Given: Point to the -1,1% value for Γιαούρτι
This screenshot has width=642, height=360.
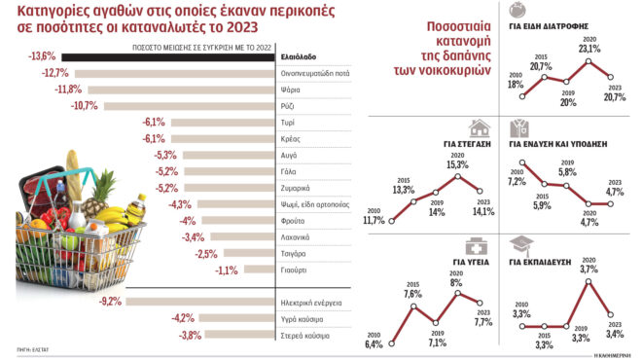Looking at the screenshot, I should coord(227,270).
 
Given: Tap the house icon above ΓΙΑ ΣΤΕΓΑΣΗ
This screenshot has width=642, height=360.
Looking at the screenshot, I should coord(478,127).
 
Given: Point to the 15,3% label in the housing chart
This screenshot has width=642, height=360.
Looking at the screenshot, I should coord(457,164).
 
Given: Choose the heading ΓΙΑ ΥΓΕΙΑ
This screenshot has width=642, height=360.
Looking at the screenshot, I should coord(469,261).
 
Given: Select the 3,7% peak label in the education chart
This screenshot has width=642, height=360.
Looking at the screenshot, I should coord(588,269).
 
